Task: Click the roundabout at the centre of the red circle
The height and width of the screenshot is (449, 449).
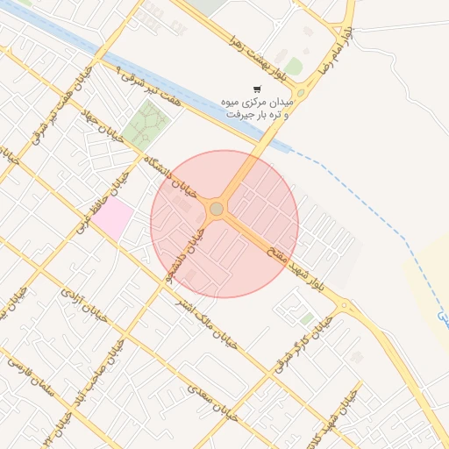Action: click(x=217, y=209)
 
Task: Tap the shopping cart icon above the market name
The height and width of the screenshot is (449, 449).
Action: click(x=256, y=89)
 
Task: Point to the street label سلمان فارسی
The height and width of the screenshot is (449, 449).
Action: click(x=31, y=381)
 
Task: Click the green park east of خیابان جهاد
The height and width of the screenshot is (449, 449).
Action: click(x=145, y=124)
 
